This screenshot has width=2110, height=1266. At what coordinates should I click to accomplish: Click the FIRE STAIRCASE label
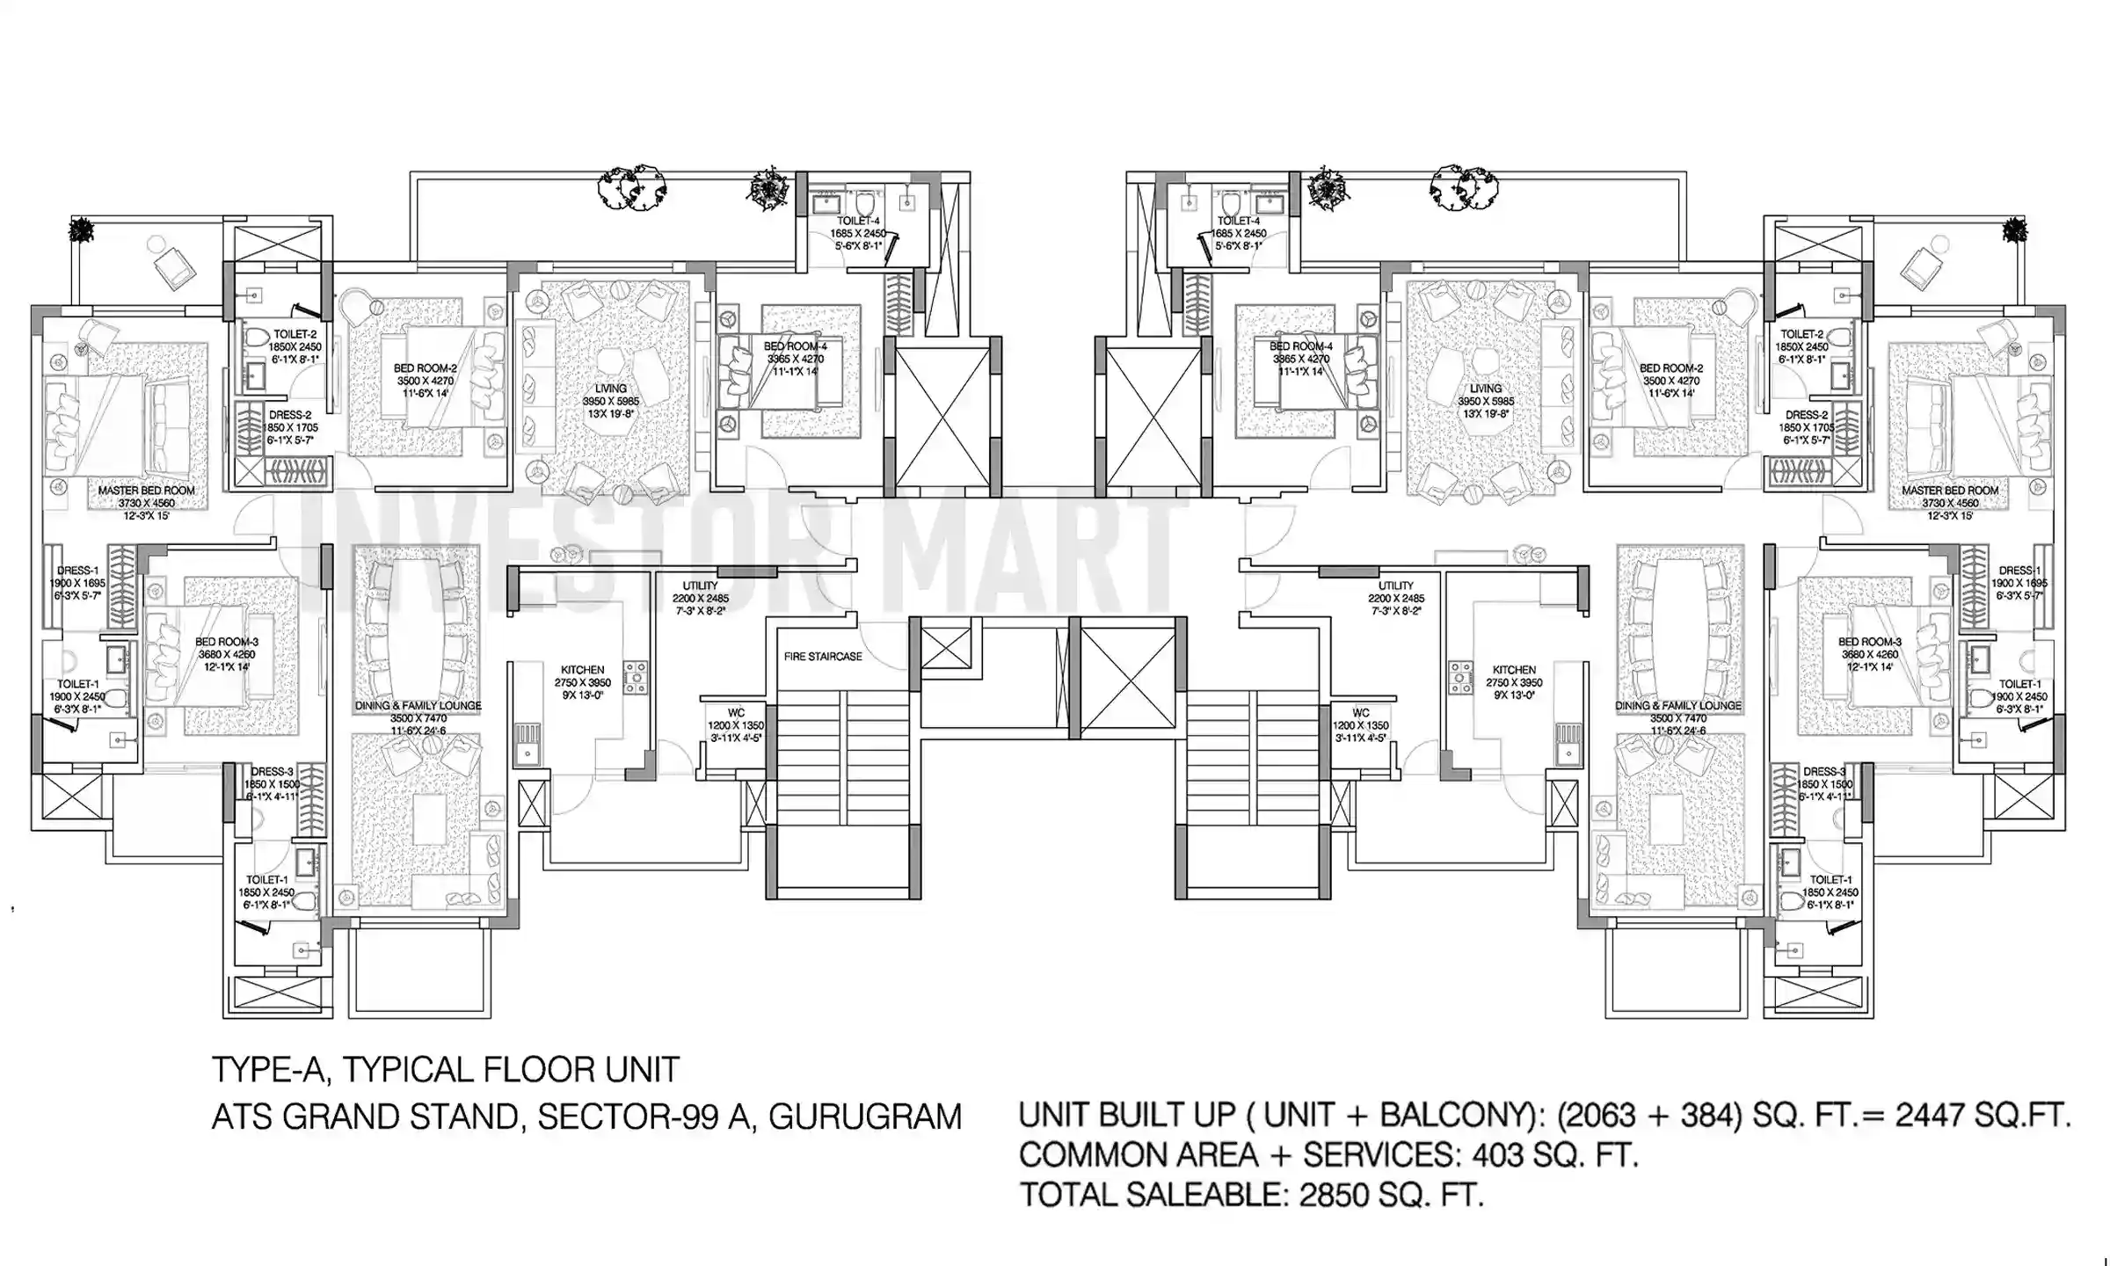822,656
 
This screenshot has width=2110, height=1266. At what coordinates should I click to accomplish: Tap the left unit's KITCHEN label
582,670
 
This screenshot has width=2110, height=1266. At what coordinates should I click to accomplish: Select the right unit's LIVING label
1485,388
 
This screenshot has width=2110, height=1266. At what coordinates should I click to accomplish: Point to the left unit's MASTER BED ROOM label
146,491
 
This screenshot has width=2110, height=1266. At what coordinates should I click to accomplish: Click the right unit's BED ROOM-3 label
1869,642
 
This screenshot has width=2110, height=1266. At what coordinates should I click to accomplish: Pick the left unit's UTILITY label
700,586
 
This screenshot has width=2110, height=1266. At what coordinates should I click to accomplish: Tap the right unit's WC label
1360,713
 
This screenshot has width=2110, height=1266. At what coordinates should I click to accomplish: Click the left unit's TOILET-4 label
858,221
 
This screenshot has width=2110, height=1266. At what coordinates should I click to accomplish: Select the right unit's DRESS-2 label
1807,415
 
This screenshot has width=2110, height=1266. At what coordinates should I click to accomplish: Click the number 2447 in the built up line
1932,1115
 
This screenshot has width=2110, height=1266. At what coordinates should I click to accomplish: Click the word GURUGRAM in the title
865,1117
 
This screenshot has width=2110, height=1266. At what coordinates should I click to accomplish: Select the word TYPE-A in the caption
269,1070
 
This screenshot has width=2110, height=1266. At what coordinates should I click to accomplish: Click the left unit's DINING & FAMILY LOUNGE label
418,706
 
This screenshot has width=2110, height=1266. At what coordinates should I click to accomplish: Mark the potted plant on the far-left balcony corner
83,230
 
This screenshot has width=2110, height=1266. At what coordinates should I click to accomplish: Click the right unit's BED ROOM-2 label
1670,368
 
